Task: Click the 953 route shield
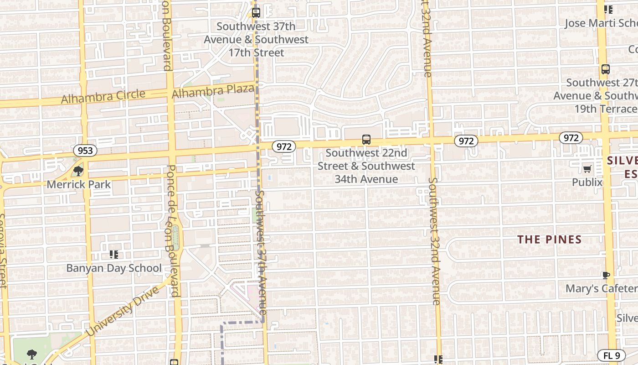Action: [x=85, y=151]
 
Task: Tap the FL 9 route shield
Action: [x=611, y=355]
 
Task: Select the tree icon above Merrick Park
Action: [x=78, y=171]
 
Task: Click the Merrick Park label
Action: [x=79, y=184]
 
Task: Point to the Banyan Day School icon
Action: [x=114, y=254]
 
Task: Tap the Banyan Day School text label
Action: [x=114, y=268]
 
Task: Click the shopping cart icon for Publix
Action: [x=587, y=169]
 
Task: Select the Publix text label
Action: [x=587, y=182]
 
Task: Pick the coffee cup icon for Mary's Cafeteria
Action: [x=606, y=275]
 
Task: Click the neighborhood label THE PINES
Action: [x=550, y=240]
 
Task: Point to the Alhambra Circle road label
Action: [x=103, y=97]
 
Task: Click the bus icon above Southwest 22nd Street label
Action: [x=366, y=140]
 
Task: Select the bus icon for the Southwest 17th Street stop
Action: [x=256, y=13]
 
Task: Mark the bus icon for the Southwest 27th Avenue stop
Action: [x=605, y=69]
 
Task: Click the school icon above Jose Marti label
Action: [x=608, y=10]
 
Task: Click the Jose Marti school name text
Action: [x=601, y=23]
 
